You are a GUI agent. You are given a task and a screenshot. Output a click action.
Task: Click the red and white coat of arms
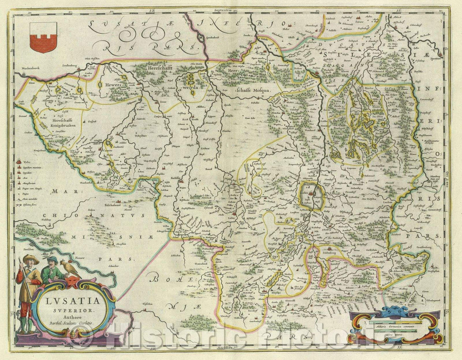[44, 37]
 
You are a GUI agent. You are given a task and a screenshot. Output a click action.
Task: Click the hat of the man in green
[52, 259]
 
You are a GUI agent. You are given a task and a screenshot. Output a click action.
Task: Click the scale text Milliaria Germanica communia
[394, 327]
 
